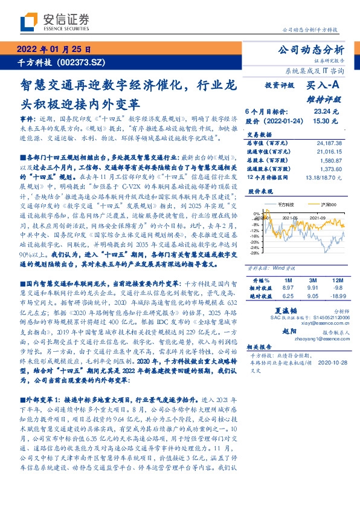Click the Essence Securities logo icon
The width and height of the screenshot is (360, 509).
(29, 22)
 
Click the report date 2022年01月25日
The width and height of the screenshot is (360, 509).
(54, 50)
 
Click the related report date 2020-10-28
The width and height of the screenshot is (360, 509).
(331, 364)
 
